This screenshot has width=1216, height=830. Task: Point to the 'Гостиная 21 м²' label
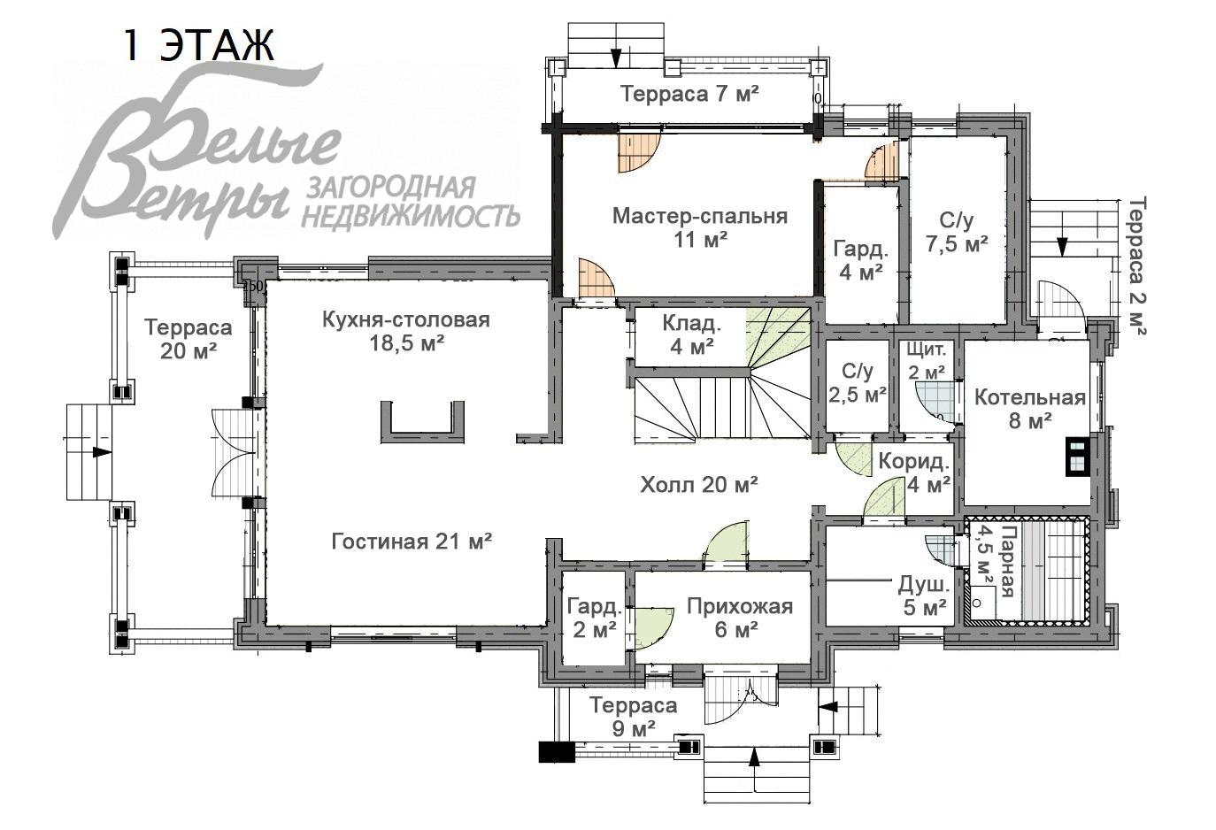(412, 541)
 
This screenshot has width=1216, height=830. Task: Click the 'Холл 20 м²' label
(699, 484)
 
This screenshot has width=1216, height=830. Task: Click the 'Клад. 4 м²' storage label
(691, 334)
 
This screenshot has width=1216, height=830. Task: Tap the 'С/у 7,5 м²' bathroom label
(957, 232)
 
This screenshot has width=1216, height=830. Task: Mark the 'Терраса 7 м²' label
(689, 94)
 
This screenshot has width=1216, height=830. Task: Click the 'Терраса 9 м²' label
(633, 717)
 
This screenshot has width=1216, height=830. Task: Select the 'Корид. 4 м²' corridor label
(913, 472)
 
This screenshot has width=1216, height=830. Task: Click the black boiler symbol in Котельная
(1075, 457)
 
